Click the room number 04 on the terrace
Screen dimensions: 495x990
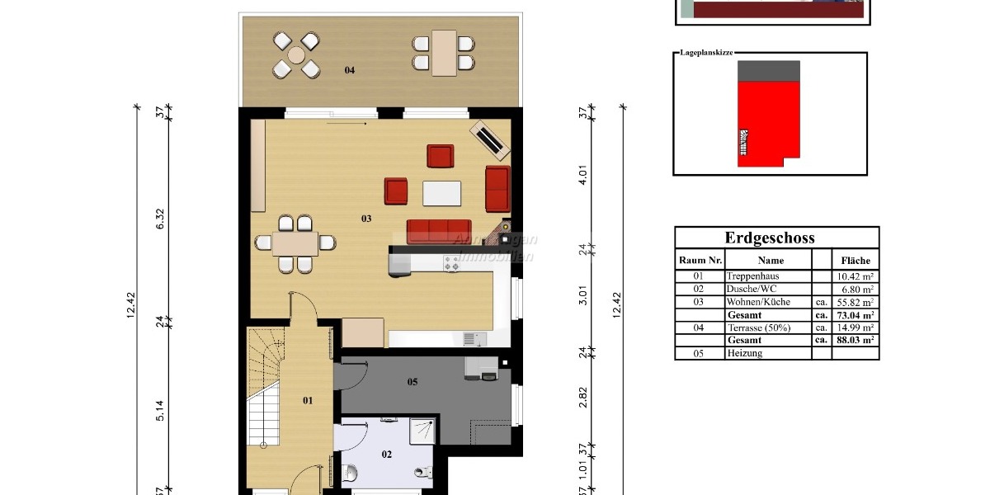(x=350, y=70)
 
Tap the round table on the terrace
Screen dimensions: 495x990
(x=296, y=55)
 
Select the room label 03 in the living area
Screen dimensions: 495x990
(x=366, y=219)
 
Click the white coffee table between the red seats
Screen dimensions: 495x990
(x=441, y=193)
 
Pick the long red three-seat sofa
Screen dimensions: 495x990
(x=439, y=232)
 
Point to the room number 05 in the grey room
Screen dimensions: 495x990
(x=412, y=382)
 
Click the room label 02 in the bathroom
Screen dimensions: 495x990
(x=387, y=454)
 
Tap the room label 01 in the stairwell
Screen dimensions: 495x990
(x=308, y=401)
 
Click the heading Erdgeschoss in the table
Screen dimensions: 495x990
(x=769, y=238)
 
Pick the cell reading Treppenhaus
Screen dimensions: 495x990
(x=752, y=276)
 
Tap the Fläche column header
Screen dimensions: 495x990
(x=856, y=260)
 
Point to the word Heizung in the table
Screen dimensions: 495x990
(x=745, y=353)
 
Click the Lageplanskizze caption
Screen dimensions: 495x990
(x=706, y=52)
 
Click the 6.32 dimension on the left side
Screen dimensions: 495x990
(x=161, y=218)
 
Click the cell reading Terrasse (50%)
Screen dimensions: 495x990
(x=758, y=328)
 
